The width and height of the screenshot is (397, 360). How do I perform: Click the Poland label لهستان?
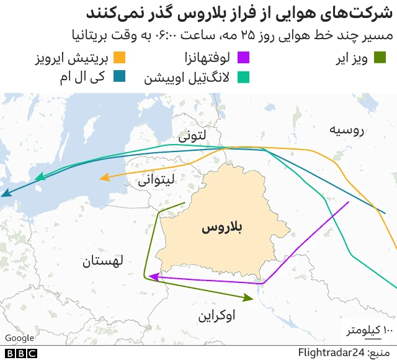103,261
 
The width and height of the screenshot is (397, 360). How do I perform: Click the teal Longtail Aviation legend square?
244,77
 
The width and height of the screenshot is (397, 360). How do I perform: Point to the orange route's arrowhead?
104,179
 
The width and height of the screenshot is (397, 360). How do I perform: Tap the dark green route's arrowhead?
249,297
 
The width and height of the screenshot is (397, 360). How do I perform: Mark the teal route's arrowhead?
40,178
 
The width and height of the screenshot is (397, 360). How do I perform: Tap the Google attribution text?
19,338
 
